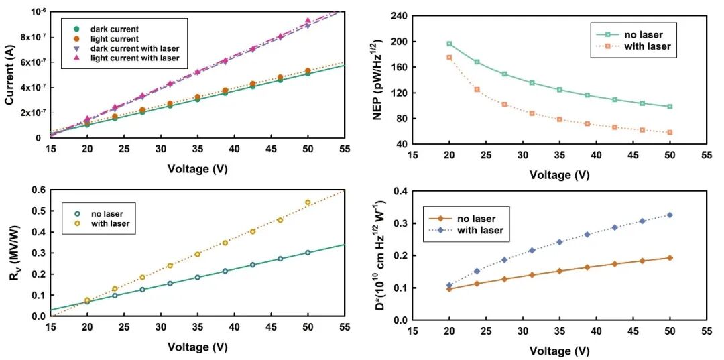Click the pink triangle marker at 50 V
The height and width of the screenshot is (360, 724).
[308, 21]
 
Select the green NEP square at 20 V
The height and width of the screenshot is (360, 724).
[449, 44]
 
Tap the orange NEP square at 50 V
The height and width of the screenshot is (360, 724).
[670, 132]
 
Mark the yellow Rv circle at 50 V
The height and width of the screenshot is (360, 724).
[308, 202]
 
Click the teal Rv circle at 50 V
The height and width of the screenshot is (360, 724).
[308, 253]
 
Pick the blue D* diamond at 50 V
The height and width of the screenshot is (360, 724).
[670, 215]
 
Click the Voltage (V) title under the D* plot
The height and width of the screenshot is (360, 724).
[560, 351]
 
